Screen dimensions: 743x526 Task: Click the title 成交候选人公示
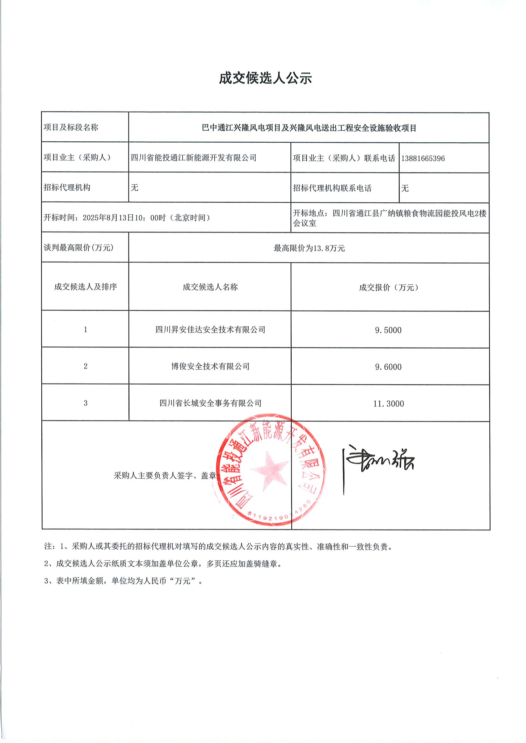point(265,79)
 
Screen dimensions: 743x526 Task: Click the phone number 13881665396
point(423,159)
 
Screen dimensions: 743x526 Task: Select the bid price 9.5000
point(388,330)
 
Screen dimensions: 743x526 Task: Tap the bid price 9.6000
point(388,367)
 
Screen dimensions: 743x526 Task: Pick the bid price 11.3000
point(388,404)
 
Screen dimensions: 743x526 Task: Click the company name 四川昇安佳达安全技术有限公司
point(210,330)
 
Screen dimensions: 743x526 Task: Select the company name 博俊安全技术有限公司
point(210,366)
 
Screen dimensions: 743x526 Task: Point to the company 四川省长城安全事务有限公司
point(210,403)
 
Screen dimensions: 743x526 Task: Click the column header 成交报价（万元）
point(388,287)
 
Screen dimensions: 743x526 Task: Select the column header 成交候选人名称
point(210,287)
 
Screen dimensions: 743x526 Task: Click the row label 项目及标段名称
point(71,127)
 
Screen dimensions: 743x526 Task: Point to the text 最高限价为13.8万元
point(309,248)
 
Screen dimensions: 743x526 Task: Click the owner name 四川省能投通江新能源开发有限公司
point(194,158)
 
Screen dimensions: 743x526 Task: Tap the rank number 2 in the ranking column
point(86,366)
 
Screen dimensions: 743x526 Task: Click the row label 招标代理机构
point(67,188)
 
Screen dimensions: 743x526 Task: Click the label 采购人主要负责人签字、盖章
point(165,476)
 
